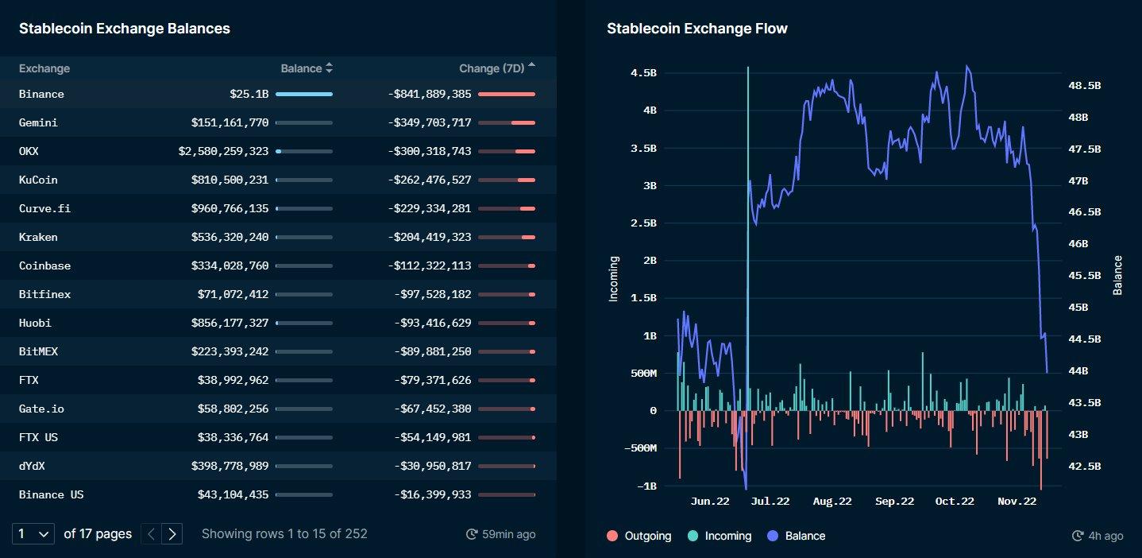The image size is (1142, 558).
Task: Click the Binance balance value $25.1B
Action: pos(249,94)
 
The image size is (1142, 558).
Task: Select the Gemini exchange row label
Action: pos(38,122)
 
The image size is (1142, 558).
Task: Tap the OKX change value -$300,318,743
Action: pos(430,151)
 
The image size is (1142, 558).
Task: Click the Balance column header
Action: pos(302,68)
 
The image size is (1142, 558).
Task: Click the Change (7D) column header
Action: pos(492,68)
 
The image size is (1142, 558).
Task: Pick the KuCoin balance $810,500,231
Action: pos(230,180)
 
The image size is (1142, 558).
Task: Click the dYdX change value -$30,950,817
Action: pos(433,466)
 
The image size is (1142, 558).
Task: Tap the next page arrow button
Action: pos(172,533)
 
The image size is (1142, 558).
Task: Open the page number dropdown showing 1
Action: pos(33,533)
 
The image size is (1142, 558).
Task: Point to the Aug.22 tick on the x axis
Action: pos(832,501)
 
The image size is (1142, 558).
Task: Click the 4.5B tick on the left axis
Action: pos(643,72)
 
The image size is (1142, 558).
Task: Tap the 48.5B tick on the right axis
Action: pos(1085,85)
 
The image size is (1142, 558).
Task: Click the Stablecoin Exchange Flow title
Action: pos(696,29)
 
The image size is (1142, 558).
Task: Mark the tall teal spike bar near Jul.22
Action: pos(747,238)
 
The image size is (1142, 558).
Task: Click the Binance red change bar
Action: pos(507,94)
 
